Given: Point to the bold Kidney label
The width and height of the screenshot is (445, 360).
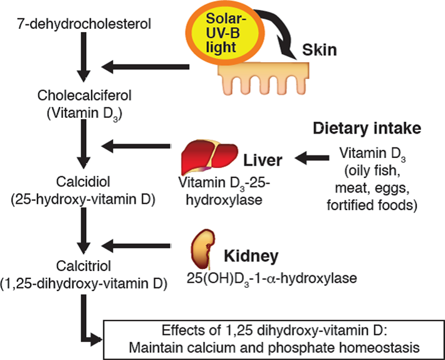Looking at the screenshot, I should tap(251, 257).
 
